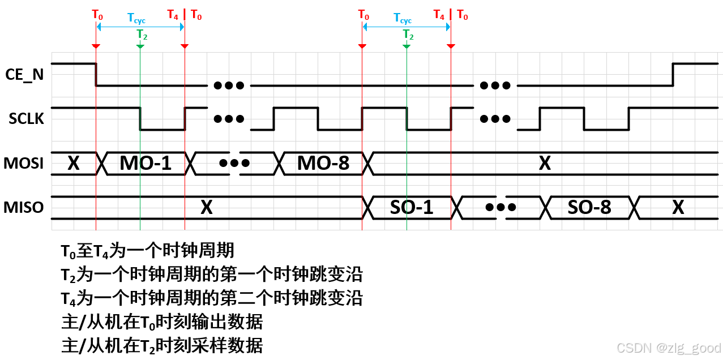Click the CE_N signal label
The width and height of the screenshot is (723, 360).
pyautogui.click(x=24, y=75)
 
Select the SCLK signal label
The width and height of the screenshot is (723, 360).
pyautogui.click(x=26, y=118)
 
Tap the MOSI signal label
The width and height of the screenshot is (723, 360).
pyautogui.click(x=24, y=163)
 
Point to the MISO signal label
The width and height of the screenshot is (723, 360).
pyautogui.click(x=24, y=207)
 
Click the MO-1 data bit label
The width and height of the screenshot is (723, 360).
pyautogui.click(x=145, y=163)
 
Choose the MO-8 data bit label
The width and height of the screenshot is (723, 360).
pyautogui.click(x=323, y=163)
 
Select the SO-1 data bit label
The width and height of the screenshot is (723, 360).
pyautogui.click(x=412, y=207)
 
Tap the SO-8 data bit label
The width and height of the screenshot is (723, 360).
pyautogui.click(x=589, y=207)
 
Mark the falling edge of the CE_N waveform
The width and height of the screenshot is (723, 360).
pyautogui.click(x=96, y=74)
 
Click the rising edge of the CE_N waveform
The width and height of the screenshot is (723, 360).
pyautogui.click(x=673, y=74)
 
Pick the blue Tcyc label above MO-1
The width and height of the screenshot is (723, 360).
pyautogui.click(x=136, y=20)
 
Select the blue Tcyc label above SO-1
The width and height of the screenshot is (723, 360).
pyautogui.click(x=403, y=19)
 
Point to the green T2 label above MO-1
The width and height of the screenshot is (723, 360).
pyautogui.click(x=142, y=35)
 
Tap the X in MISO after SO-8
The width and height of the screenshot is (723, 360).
pyautogui.click(x=678, y=207)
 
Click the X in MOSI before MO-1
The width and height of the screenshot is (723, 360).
pyautogui.click(x=73, y=163)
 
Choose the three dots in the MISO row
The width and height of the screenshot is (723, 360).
pyautogui.click(x=500, y=207)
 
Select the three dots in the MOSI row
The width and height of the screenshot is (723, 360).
pyautogui.click(x=234, y=163)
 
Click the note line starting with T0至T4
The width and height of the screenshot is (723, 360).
pyautogui.click(x=147, y=250)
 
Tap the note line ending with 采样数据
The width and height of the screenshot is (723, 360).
pyautogui.click(x=162, y=345)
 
